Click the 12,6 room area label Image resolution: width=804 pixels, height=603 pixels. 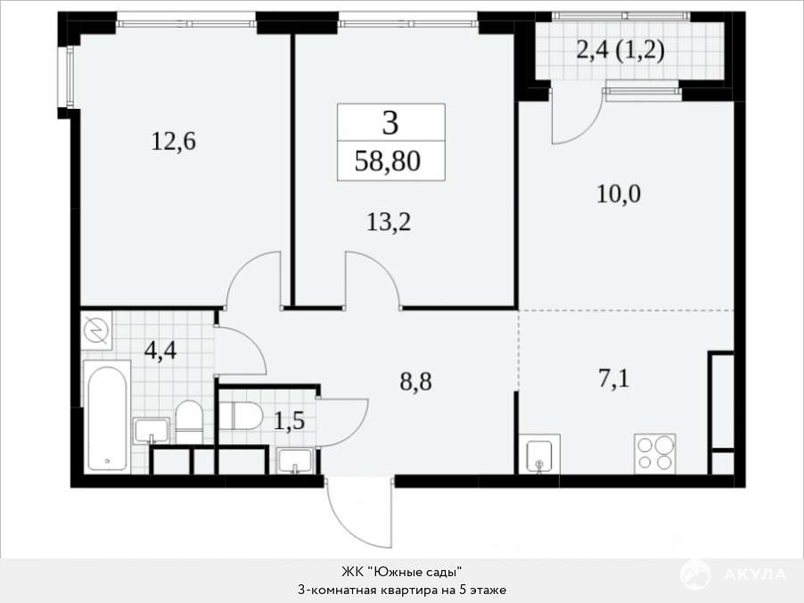173,141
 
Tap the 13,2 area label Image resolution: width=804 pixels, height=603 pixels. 389,222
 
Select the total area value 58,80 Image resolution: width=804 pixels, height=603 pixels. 388,161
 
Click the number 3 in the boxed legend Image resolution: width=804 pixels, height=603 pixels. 390,123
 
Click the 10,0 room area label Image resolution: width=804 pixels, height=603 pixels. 619,194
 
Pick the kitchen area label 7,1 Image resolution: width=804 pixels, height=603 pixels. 614,379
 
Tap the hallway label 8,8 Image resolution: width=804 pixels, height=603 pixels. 415,382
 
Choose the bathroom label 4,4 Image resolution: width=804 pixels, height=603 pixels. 160,351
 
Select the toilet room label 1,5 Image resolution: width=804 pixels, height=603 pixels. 289,421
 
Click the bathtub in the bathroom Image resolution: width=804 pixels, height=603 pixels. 107,417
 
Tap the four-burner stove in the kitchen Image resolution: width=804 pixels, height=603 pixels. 655,454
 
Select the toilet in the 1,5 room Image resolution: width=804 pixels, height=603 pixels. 241,415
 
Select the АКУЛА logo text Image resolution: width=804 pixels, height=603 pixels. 754,574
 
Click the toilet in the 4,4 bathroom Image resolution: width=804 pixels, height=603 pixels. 189,422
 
